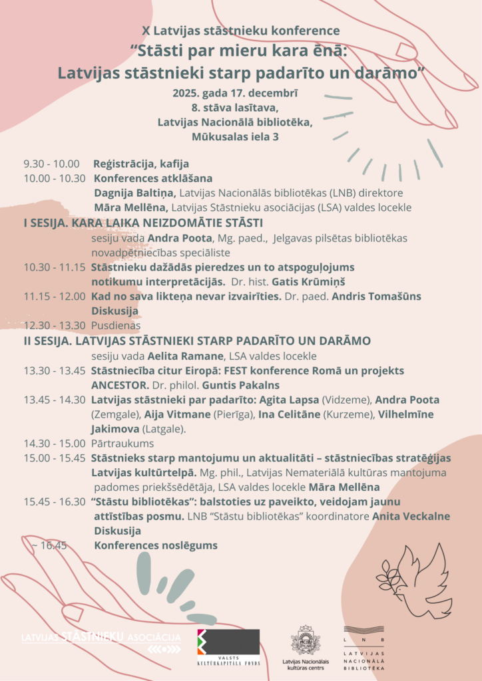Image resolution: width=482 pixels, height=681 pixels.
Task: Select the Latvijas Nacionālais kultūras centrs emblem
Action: coord(306,644)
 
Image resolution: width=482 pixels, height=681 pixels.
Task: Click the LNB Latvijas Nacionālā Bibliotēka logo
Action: coord(364,648)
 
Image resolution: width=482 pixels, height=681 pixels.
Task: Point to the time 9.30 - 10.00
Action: coord(51,164)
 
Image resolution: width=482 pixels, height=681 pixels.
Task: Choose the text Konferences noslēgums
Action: coord(156,545)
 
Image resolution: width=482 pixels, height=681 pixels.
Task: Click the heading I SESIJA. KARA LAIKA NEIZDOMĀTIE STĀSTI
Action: coord(143,223)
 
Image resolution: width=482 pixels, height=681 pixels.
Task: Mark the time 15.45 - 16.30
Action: coord(55,501)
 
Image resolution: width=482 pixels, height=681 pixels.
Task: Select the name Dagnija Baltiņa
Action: coord(133,193)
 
